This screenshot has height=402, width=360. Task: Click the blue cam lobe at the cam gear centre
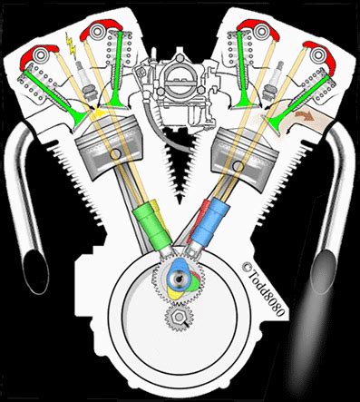point(181,274)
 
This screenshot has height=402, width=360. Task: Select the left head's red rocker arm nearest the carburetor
point(98,31)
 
